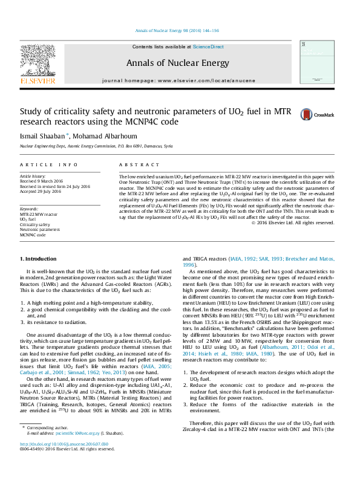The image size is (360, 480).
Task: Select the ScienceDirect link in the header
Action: click(208, 47)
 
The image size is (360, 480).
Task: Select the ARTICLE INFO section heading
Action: click(48, 164)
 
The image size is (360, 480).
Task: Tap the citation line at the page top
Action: click(177, 30)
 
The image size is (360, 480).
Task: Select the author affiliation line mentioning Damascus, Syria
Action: click(96, 146)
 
